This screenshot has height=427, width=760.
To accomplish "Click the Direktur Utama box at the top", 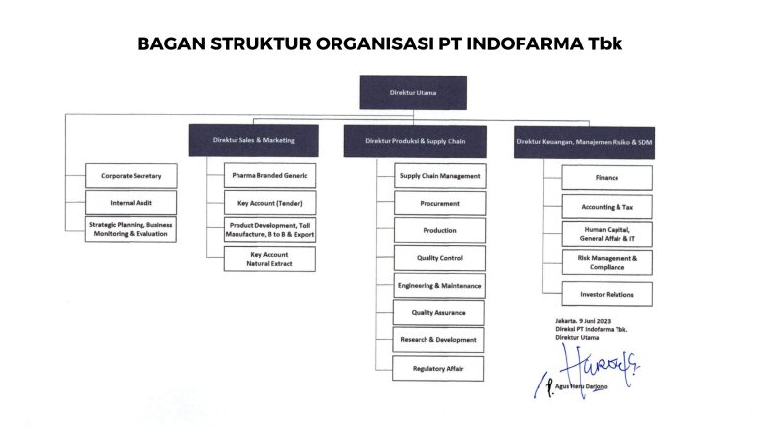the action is point(413,93).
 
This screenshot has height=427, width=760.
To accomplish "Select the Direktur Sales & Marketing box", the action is point(253,140).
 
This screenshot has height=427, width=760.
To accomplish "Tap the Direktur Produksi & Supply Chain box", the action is point(416,141).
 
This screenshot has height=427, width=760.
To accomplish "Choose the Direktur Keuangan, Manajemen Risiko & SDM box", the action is point(584,142).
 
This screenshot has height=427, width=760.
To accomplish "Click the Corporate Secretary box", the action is point(132,176).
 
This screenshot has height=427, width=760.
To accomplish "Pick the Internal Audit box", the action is point(131,203).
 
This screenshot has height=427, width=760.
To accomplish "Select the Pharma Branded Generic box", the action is point(269,175).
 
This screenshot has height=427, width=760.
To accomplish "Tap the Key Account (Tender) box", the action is point(269,203).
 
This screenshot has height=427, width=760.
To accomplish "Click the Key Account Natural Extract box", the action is point(269,259).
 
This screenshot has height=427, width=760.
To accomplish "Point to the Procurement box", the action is point(439,204).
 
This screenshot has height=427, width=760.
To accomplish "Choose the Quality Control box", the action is point(439,258).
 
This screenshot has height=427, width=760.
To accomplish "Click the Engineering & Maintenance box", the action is point(439,286).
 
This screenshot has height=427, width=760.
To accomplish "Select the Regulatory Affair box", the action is point(437,369).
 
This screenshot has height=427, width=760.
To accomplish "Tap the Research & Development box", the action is point(438,340).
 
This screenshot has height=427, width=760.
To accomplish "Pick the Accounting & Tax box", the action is point(608,207).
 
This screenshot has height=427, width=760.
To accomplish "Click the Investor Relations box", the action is point(608,294).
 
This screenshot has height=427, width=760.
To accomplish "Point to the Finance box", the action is point(608,178).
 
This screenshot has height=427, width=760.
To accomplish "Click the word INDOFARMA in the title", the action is point(524,43).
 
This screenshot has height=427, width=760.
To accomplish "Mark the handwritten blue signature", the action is point(587,371).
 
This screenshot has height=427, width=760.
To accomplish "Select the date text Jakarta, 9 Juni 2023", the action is point(583,321).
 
